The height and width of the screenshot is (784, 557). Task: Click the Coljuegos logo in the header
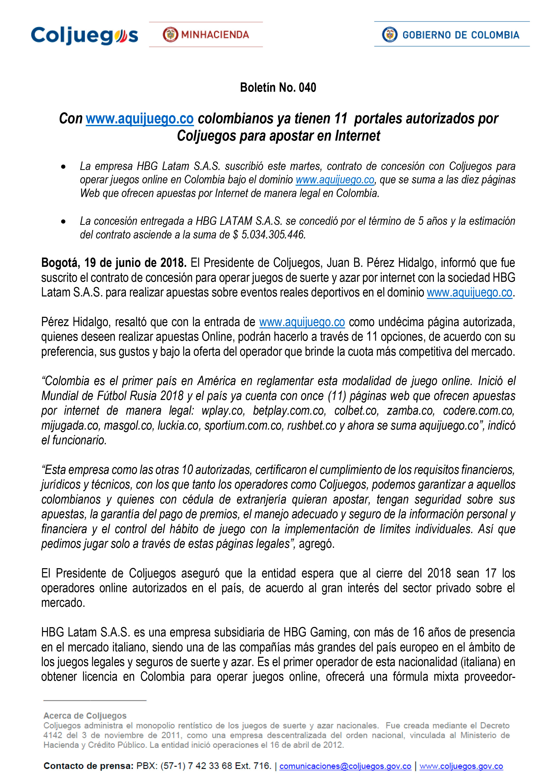[x=84, y=35]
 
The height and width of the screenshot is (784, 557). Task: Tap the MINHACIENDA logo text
[x=215, y=35]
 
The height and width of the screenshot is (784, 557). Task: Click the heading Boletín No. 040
[x=278, y=88]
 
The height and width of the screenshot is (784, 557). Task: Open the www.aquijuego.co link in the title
[x=140, y=119]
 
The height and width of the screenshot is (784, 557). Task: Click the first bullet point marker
[x=63, y=167]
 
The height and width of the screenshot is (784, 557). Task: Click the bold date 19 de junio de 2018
[x=135, y=263]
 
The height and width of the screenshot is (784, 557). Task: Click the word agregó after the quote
[x=316, y=544]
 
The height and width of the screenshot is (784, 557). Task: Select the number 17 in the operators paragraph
[x=491, y=573]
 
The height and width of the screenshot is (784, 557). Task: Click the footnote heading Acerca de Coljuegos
[x=85, y=716]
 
